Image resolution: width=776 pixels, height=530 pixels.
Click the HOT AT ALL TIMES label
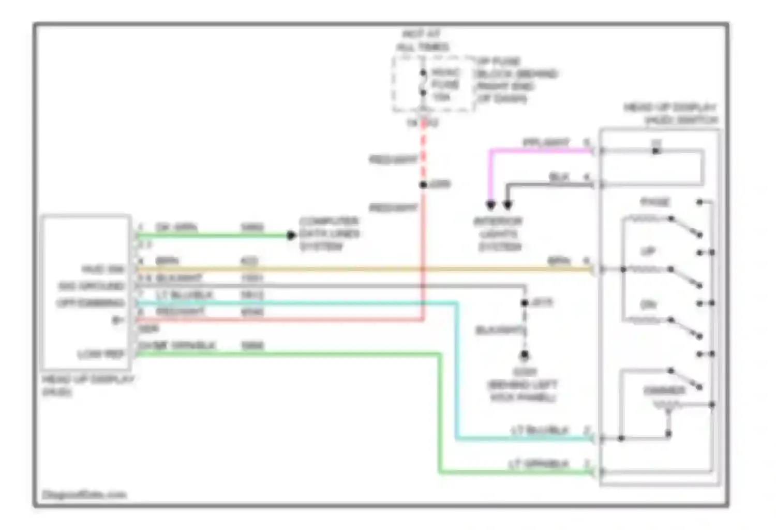[x=422, y=40]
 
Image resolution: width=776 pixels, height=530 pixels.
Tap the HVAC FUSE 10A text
[x=444, y=84]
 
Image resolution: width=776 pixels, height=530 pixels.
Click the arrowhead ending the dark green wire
[x=291, y=235]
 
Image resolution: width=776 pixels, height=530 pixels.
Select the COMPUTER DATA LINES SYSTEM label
[x=329, y=234]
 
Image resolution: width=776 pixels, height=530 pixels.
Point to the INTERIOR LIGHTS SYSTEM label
[x=499, y=234]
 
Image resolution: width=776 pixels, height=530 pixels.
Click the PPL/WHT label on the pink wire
[x=546, y=142]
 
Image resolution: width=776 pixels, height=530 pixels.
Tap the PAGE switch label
[x=655, y=202]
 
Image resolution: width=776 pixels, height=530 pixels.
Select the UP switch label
[x=648, y=252]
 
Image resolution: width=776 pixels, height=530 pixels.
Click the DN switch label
[x=648, y=304]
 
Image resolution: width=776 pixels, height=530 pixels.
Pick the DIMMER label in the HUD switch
[x=664, y=390]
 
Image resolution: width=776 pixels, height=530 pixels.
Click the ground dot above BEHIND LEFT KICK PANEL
[x=525, y=355]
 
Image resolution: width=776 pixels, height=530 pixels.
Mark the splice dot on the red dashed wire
[x=423, y=185]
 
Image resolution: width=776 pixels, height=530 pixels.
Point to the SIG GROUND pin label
[x=91, y=286]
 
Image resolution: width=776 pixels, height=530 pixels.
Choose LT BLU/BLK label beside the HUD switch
[x=540, y=430]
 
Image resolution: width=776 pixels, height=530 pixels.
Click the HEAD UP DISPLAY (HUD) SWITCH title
[x=670, y=114]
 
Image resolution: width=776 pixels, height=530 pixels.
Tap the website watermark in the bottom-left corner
[x=84, y=495]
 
